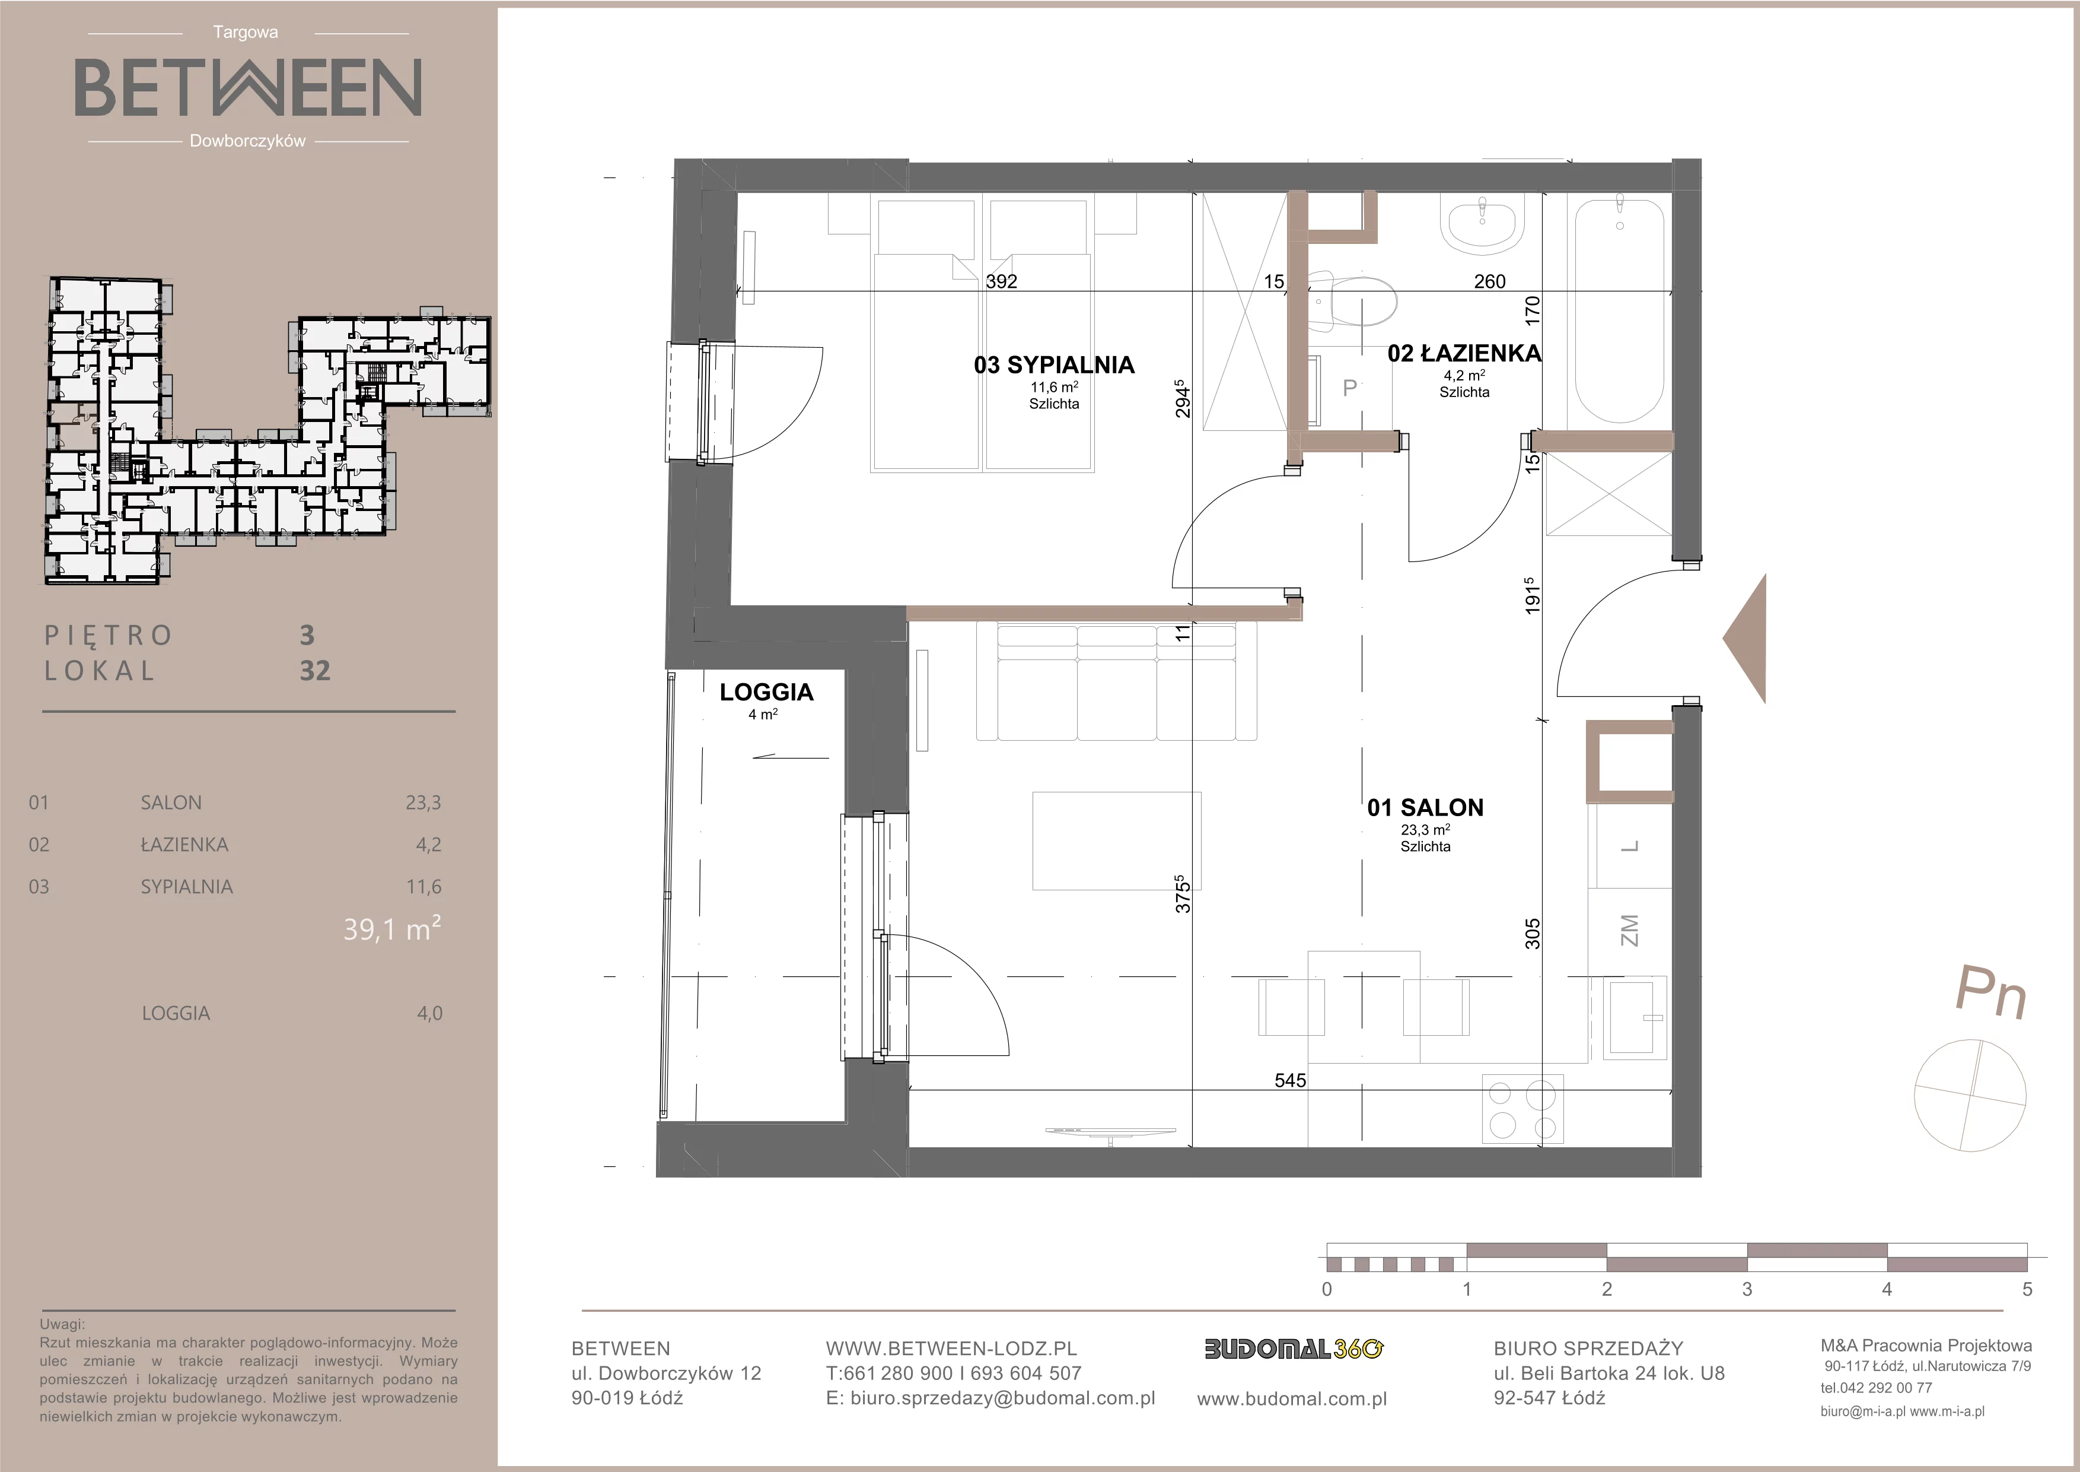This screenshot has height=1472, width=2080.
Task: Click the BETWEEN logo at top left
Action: (x=247, y=87)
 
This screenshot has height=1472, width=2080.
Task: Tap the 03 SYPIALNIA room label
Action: (x=1053, y=364)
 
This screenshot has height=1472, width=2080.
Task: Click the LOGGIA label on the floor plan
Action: (x=766, y=693)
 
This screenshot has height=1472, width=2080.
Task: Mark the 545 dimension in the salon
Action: (x=1290, y=1080)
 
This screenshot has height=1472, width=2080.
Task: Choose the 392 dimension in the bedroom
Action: (x=1001, y=281)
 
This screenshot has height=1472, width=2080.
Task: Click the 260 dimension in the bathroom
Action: (x=1489, y=281)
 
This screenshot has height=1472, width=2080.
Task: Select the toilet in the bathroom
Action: (x=1350, y=299)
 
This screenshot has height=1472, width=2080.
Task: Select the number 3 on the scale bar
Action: (x=1747, y=1288)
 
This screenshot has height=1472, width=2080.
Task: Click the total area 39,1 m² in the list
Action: (x=392, y=929)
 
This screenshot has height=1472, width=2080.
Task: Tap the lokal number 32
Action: (x=316, y=671)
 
